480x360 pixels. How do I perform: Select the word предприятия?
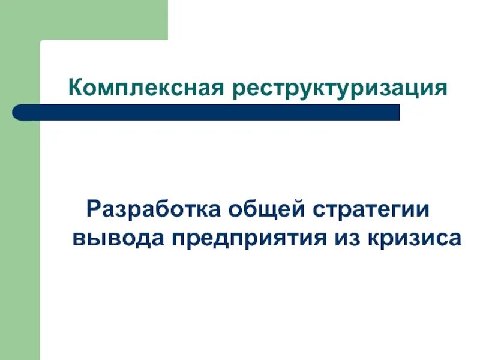pyautogui.click(x=247, y=238)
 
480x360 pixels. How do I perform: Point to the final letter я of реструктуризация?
pyautogui.click(x=441, y=89)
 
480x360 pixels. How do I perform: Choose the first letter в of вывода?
pyautogui.click(x=78, y=238)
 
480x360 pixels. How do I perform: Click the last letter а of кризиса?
pyautogui.click(x=455, y=238)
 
